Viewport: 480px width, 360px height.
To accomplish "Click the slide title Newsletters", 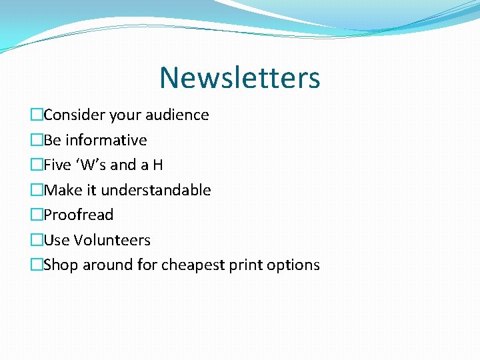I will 239,77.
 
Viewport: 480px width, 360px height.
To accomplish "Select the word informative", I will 106,140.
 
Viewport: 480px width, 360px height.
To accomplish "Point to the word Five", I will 58,165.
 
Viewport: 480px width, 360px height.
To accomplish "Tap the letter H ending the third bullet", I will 157,165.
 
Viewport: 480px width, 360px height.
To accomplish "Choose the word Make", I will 61,190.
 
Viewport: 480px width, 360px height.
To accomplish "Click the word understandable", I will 156,190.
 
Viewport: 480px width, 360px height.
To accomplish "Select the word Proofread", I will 79,215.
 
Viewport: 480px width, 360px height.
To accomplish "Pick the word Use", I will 57,240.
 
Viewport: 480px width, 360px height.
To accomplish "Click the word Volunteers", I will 112,240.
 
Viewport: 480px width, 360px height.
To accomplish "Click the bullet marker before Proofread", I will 37,215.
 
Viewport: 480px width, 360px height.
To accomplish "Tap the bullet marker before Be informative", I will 37,140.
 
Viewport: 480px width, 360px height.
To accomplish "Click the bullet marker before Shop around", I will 37,265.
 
